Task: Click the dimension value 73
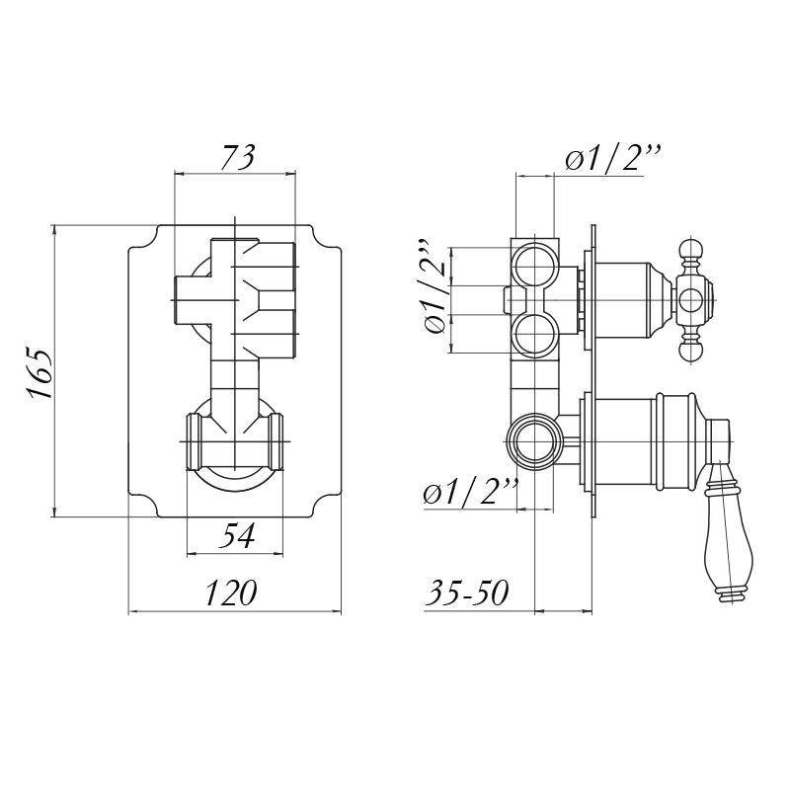point(238,157)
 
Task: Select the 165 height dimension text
point(40,373)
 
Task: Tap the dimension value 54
point(237,535)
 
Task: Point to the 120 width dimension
point(231,592)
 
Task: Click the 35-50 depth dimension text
point(467,592)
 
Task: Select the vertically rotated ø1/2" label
point(436,285)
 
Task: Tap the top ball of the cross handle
point(690,252)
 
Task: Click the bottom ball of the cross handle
point(690,350)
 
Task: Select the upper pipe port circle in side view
point(534,266)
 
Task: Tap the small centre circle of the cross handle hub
point(690,300)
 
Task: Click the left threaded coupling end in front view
point(195,442)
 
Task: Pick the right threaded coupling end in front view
point(276,442)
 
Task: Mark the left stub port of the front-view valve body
point(193,300)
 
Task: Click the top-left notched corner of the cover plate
point(143,236)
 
